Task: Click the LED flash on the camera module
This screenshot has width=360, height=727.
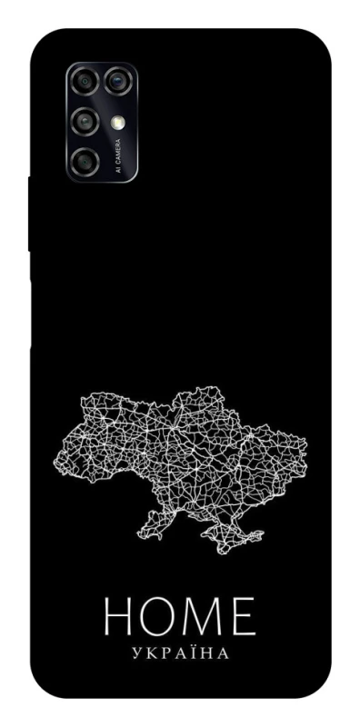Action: [117, 121]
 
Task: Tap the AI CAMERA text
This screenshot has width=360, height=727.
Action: [118, 156]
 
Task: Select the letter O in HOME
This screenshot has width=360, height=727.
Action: [164, 618]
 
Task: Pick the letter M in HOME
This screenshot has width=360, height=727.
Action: [207, 618]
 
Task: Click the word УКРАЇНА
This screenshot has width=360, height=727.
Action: [180, 652]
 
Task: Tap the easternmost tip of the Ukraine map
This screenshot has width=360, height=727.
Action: [305, 445]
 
